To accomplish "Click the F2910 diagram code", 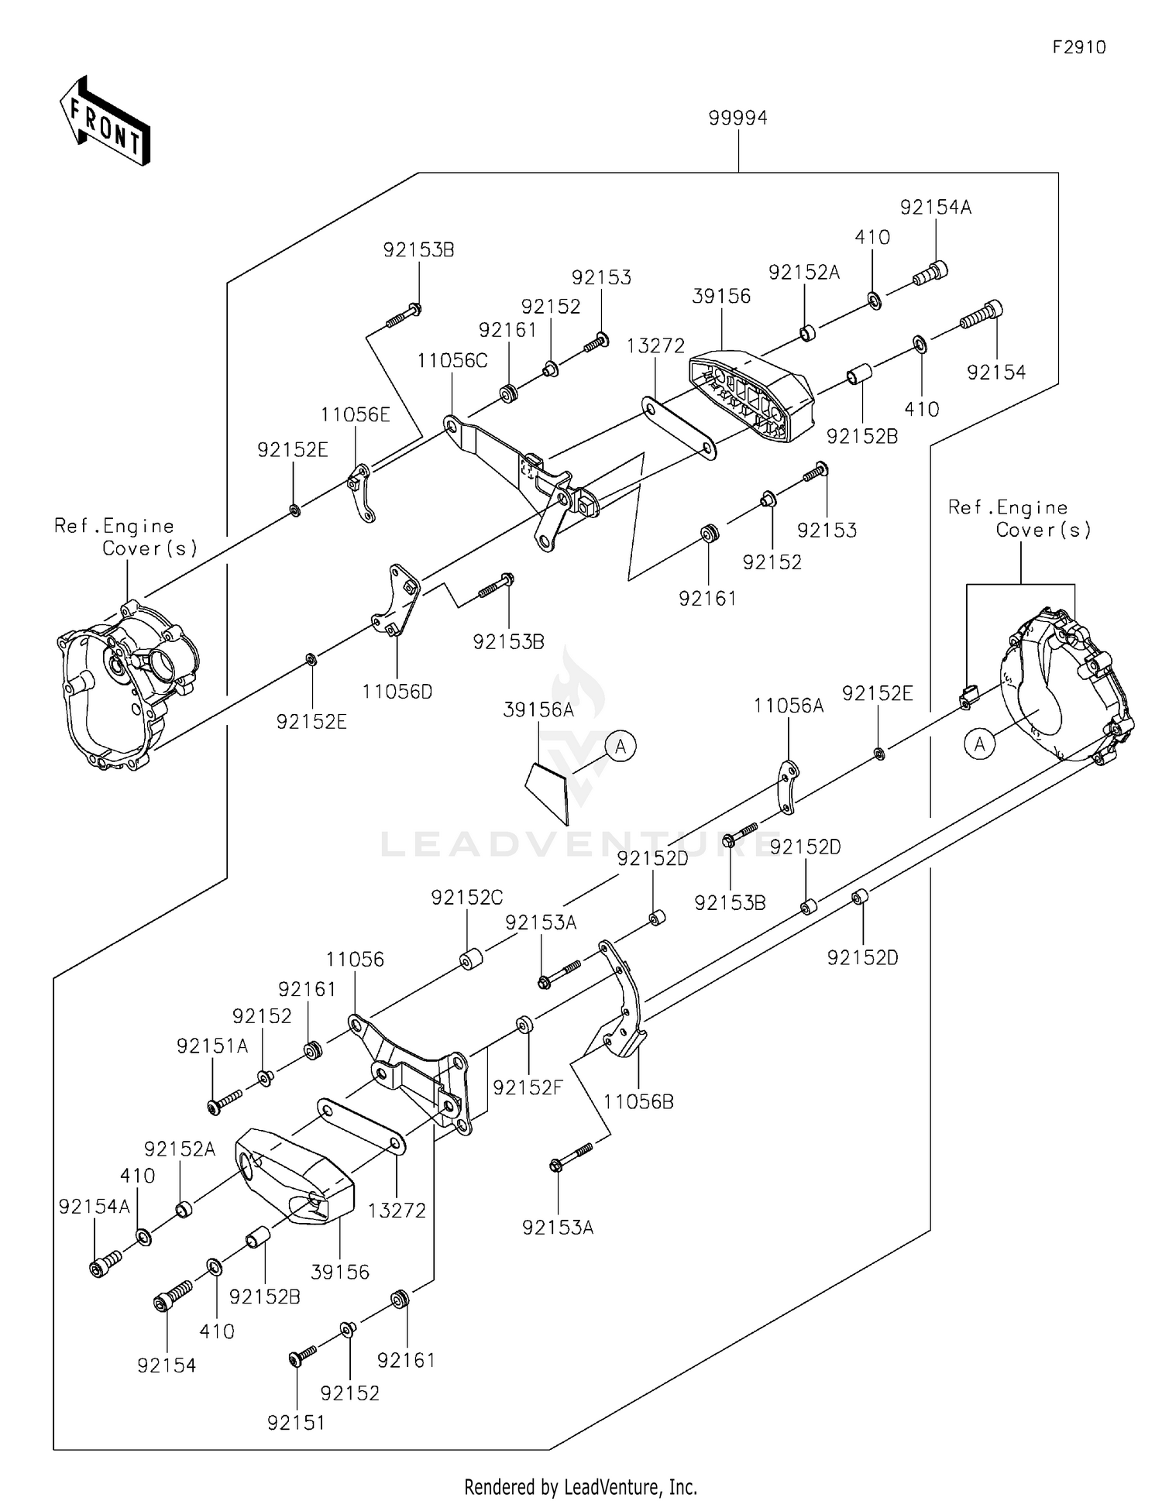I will (x=1078, y=47).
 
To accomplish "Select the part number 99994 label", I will (x=737, y=118).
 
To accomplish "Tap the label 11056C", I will (x=452, y=360).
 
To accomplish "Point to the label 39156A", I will (x=538, y=709).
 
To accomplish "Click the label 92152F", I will (x=528, y=1087).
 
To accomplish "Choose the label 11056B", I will (x=638, y=1101).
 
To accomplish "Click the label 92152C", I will (x=466, y=897).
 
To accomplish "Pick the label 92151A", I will (x=212, y=1046).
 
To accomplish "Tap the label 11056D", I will (x=397, y=691).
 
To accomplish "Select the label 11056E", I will (x=356, y=414).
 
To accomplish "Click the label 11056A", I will (x=789, y=706).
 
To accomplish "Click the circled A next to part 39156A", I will (x=621, y=747).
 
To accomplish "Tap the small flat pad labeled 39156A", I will (x=548, y=790).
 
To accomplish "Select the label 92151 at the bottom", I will (x=296, y=1423).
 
